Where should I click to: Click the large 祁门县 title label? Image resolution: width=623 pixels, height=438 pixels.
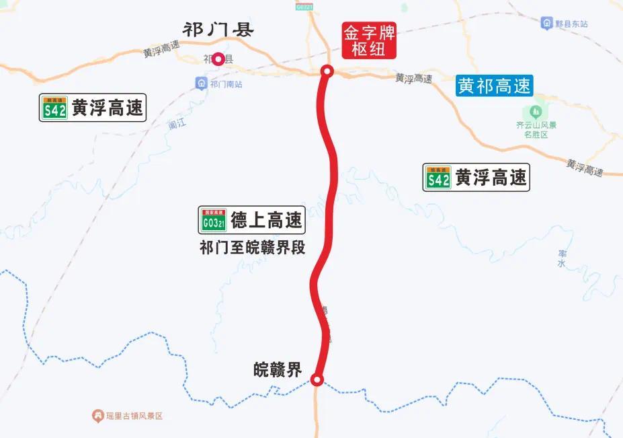click(x=218, y=30)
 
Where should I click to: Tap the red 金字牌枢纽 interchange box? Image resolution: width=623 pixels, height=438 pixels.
click(x=369, y=40)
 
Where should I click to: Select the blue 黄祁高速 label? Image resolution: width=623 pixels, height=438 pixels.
click(x=494, y=85)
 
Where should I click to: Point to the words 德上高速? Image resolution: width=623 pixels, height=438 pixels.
click(x=266, y=220)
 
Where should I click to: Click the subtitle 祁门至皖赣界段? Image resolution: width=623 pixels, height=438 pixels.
click(x=252, y=248)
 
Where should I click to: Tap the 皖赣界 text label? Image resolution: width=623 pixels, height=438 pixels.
click(x=278, y=369)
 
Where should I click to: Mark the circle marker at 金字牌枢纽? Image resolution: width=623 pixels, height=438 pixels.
click(x=327, y=71)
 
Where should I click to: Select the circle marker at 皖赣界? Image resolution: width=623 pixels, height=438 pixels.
click(x=318, y=380)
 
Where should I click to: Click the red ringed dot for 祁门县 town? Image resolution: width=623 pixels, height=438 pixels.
click(x=218, y=59)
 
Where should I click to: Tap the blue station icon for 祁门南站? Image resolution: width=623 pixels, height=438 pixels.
click(x=201, y=83)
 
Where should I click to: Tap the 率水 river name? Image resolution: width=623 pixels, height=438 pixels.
click(x=562, y=258)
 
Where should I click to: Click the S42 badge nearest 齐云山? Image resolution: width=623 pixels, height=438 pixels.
click(x=438, y=178)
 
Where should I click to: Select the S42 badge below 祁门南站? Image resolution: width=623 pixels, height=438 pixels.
click(x=54, y=108)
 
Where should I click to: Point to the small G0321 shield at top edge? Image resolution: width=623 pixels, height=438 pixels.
click(x=304, y=6)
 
